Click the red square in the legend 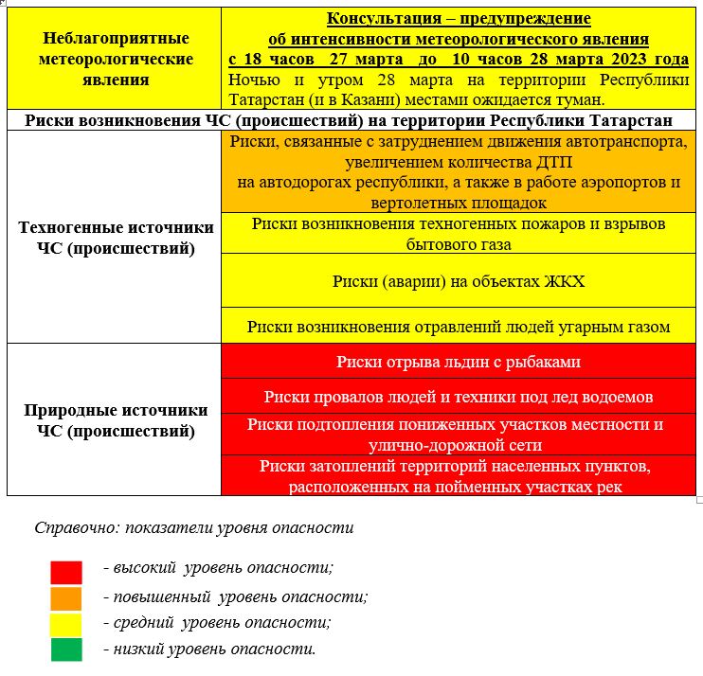[x=66, y=572]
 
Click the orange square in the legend [x=66, y=598]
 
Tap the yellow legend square [x=66, y=624]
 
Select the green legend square [x=66, y=649]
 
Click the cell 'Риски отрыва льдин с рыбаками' [x=459, y=362]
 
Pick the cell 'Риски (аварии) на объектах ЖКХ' [x=459, y=281]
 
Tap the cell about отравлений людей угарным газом [x=459, y=327]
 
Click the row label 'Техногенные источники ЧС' [x=117, y=238]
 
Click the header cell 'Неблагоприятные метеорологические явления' [x=117, y=59]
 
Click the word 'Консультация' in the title [x=373, y=19]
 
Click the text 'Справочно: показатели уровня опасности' [x=193, y=527]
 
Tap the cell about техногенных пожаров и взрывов [x=459, y=234]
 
